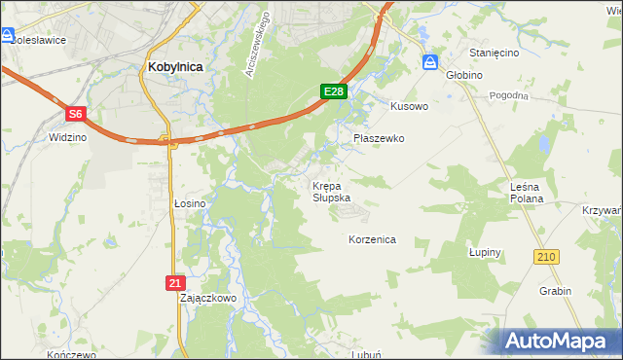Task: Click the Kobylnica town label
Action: click(x=176, y=66)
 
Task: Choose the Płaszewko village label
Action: click(x=378, y=138)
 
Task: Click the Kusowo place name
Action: click(x=409, y=105)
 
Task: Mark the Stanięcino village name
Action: click(x=494, y=53)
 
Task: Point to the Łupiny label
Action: click(x=484, y=252)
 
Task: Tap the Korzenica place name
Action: click(x=372, y=238)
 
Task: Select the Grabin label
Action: click(x=554, y=290)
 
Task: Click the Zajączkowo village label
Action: click(x=208, y=298)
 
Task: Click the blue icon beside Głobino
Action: click(x=430, y=62)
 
